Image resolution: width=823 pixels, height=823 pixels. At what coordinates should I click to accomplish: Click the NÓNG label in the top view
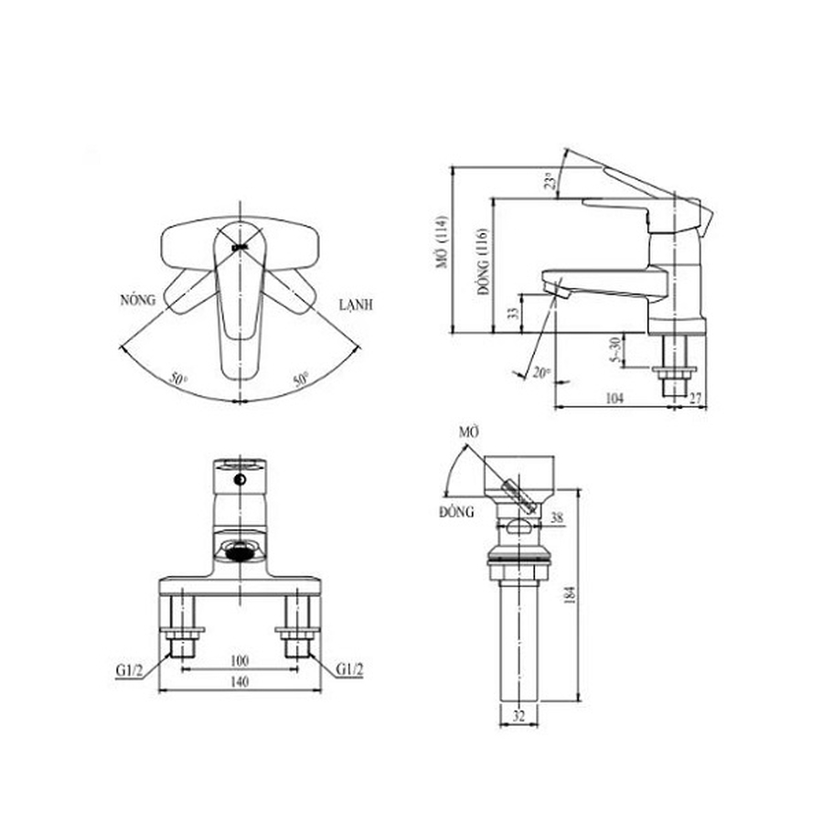point(138,299)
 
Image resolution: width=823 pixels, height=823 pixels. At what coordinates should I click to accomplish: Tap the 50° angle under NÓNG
point(178,378)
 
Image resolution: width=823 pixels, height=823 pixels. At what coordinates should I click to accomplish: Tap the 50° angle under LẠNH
point(301,378)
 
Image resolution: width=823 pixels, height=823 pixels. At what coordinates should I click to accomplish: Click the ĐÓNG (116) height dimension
point(480,264)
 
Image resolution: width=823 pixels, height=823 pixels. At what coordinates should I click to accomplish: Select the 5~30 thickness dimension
point(615,347)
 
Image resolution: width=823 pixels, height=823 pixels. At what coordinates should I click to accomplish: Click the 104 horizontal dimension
point(614,398)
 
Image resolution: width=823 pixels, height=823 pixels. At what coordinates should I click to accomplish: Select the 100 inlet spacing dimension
point(239,659)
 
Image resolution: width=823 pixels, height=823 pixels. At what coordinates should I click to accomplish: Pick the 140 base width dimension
point(239,680)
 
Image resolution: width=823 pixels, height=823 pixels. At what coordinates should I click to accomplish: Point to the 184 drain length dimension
point(572,594)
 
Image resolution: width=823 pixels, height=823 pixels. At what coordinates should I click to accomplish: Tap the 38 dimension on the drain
point(557,517)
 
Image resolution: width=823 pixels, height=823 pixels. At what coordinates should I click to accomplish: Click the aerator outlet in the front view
point(240,550)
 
